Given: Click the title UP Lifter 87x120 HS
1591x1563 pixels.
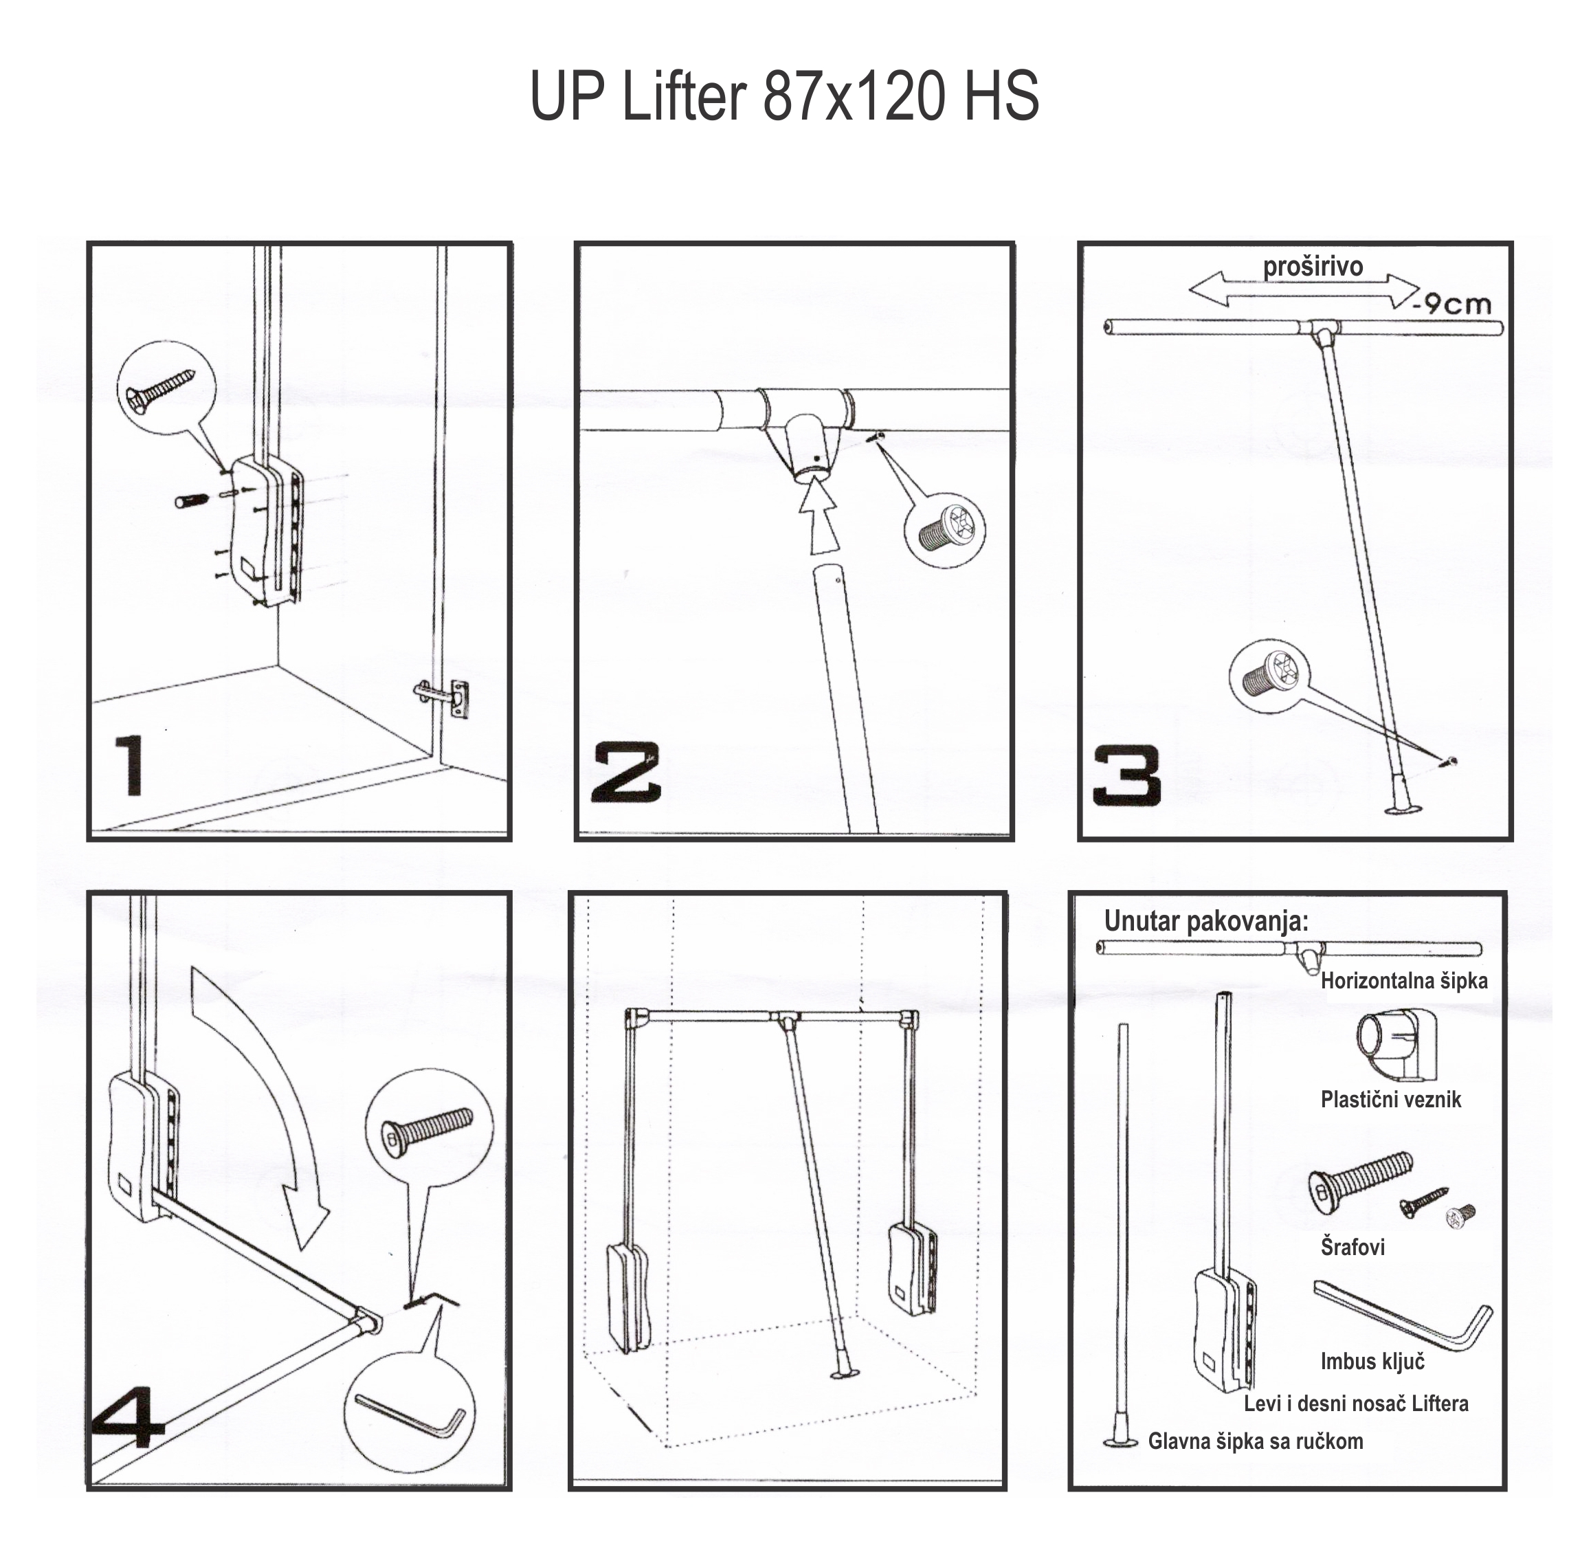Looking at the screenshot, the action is point(784,96).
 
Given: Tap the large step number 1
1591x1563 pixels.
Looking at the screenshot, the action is point(131,765).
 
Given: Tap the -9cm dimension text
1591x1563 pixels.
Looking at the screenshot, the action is point(1452,304).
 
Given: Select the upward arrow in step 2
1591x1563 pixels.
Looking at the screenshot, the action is point(820,519).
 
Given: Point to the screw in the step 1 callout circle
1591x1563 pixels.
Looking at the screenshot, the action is point(160,388).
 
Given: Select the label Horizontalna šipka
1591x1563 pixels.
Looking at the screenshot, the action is point(1404,980).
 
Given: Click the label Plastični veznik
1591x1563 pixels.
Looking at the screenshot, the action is point(1391,1099).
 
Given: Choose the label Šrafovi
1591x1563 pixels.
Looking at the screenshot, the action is point(1352,1247).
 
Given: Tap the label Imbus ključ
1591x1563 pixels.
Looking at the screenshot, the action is point(1372,1361).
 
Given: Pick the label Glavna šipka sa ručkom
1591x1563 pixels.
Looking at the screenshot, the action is point(1255,1441).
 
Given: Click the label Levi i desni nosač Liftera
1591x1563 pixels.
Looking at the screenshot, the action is point(1356,1403).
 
